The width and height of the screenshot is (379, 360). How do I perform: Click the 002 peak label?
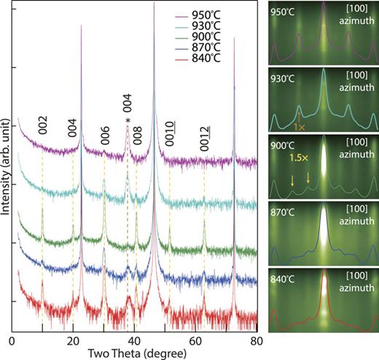tap(42, 125)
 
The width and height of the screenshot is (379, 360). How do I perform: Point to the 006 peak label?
tap(104, 133)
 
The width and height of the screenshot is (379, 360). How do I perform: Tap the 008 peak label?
tap(136, 133)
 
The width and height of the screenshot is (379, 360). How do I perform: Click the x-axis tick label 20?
tap(73, 340)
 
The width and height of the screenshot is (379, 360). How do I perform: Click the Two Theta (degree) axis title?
tap(134, 353)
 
